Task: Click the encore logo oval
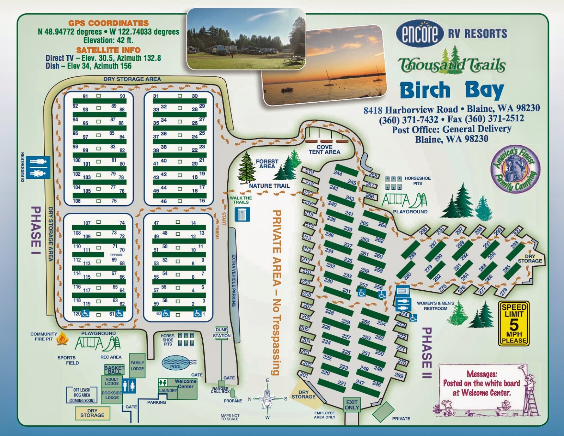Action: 419,33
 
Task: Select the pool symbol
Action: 176,363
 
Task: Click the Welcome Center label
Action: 185,384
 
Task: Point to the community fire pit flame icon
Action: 63,339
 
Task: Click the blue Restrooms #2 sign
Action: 38,168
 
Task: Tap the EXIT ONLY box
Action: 352,405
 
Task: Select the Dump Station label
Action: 221,333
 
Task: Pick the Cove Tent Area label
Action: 324,150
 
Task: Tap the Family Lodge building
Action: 137,365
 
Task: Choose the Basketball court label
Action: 114,370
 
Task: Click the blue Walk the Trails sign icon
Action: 242,214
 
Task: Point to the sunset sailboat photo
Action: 324,65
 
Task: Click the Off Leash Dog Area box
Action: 82,395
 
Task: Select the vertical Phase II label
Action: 427,353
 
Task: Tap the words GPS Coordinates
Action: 109,23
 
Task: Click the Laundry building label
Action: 168,390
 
